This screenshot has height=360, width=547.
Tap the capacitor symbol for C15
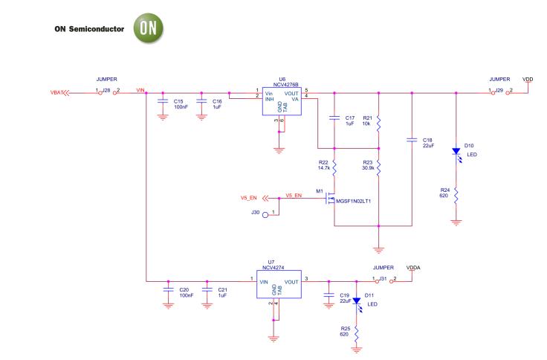click(x=164, y=105)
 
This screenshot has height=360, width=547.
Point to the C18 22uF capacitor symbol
click(x=411, y=140)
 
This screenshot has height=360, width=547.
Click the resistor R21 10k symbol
click(x=378, y=123)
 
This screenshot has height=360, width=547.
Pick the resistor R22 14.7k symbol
click(x=334, y=170)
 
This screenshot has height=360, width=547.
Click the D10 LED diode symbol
click(x=457, y=152)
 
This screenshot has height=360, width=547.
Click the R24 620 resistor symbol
click(x=457, y=196)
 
